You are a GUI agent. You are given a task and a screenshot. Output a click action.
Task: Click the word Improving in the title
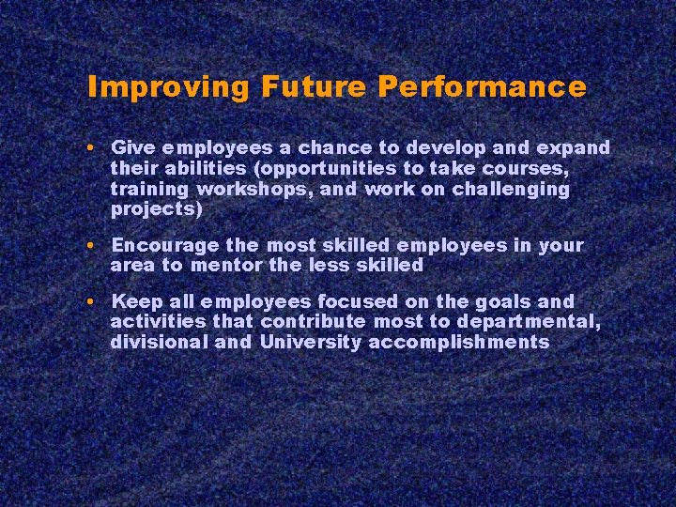[x=168, y=87]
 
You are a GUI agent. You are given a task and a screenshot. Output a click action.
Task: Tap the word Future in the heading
[x=315, y=87]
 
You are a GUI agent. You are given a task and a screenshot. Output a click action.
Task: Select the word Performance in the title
[x=483, y=87]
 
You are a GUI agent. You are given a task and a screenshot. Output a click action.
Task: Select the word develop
[x=453, y=148]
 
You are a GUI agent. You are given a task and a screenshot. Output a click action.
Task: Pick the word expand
[x=573, y=148]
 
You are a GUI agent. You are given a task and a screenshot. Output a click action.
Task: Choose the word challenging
[x=512, y=190]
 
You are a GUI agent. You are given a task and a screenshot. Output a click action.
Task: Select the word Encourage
[x=165, y=246]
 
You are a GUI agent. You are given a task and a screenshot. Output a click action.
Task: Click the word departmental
[x=530, y=322]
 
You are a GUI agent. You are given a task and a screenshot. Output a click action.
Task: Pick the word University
[x=310, y=342]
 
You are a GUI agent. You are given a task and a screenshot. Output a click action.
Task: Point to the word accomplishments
[x=459, y=342]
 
